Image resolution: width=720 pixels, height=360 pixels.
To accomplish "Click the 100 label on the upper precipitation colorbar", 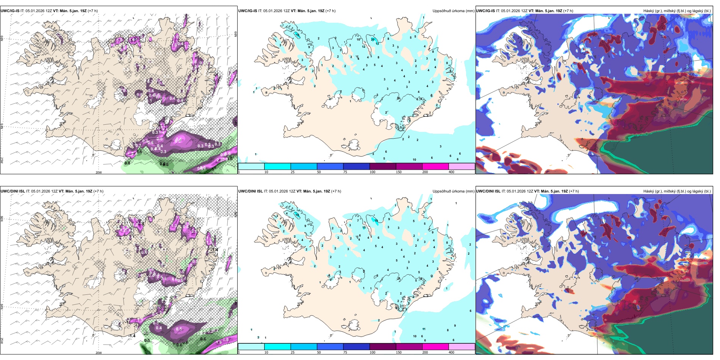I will coord(373,172).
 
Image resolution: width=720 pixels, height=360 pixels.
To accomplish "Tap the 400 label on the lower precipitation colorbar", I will coord(451,352).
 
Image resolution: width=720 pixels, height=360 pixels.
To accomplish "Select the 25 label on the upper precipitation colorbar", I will coord(293,172).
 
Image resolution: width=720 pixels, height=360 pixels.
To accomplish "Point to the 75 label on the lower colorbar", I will coord(345,352).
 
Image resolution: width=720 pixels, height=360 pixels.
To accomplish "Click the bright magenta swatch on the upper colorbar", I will coord(435,166).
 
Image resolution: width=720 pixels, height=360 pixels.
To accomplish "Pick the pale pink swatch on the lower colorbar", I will coord(462,347).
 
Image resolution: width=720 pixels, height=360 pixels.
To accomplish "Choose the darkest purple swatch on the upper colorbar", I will coord(383,166).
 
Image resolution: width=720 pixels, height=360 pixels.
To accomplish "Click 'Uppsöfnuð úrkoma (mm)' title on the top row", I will coord(453,11).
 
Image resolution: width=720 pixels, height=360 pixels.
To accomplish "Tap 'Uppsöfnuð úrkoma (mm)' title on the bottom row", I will coord(453,191).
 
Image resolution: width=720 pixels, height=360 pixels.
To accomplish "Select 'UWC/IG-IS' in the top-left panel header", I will coord(10,11).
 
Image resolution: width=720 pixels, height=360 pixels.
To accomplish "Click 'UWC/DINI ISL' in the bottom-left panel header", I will coord(13,191).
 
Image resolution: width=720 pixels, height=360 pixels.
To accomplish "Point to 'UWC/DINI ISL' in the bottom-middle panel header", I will coord(250,191).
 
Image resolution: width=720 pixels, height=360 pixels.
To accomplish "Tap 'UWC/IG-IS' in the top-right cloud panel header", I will coord(485,11).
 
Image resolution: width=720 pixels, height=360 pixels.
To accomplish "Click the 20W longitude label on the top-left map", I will coord(99,172).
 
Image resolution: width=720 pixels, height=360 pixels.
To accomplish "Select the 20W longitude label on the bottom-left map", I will coord(99,353).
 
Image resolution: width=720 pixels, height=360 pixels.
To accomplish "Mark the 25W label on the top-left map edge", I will coord(2,160).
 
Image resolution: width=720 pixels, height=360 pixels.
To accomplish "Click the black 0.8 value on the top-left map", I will coord(127,163).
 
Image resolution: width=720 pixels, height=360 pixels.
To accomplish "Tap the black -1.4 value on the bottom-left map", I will coord(131,336).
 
